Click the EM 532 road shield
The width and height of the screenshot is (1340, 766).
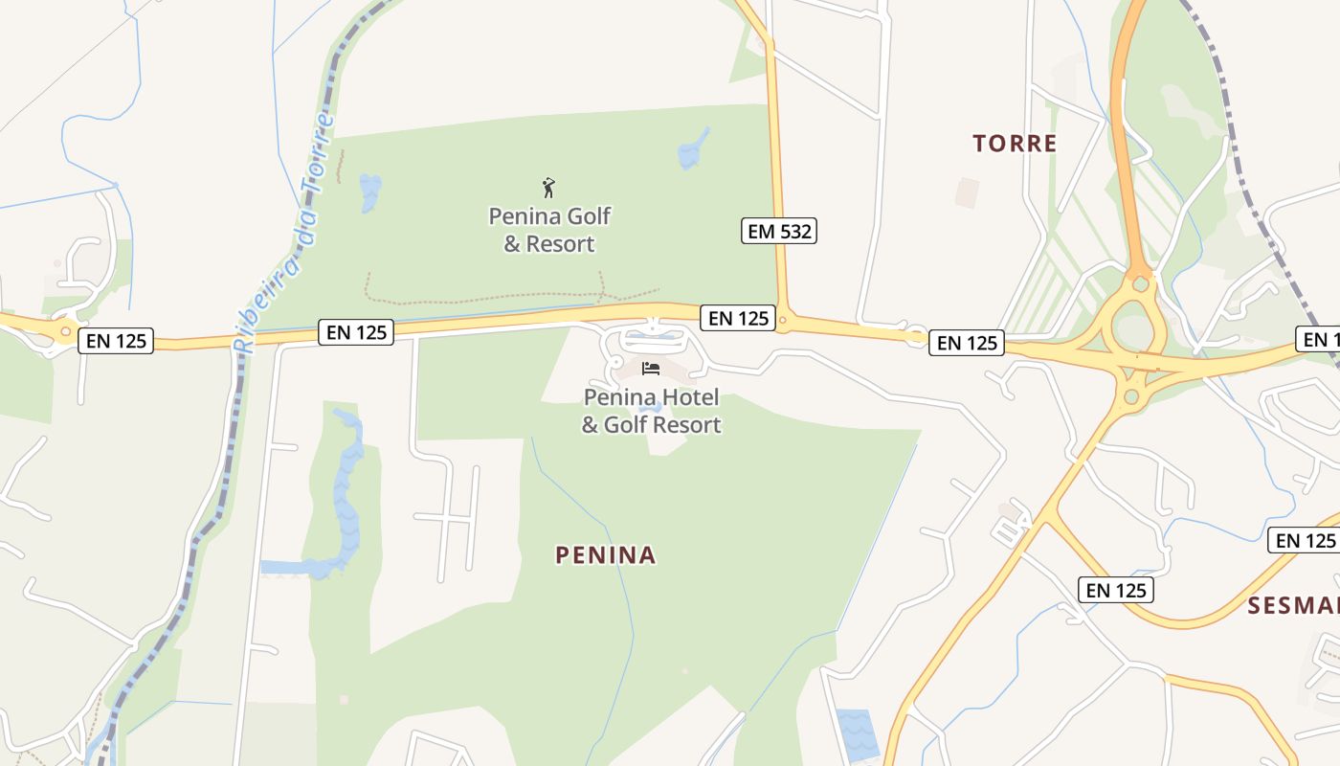(778, 231)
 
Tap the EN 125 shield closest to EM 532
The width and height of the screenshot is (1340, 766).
(739, 318)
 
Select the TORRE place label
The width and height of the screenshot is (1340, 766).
(1015, 144)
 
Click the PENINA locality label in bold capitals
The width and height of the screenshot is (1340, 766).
(606, 554)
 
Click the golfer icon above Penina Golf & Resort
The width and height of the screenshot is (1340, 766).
(548, 187)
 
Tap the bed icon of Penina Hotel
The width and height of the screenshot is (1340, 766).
(651, 369)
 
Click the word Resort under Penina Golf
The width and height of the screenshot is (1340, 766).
(560, 244)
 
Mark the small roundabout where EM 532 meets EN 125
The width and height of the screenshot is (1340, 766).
(783, 319)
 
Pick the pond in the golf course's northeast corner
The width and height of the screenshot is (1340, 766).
(693, 148)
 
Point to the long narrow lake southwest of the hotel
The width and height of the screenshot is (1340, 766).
(347, 488)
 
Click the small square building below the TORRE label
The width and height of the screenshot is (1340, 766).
(967, 192)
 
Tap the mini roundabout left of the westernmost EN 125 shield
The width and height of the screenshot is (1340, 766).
(65, 332)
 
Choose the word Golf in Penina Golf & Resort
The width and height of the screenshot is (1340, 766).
(590, 216)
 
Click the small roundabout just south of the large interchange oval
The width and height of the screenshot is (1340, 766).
(1131, 395)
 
